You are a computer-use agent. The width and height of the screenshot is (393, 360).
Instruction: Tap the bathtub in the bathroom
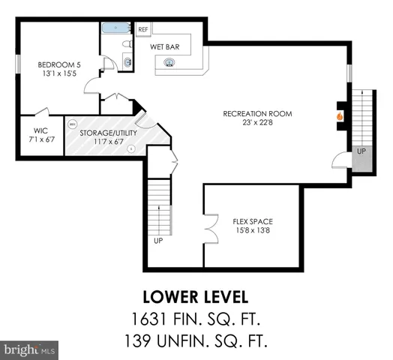[117, 30]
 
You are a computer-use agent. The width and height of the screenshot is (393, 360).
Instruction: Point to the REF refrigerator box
[143, 29]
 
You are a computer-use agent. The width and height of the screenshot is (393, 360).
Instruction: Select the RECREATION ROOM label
[257, 114]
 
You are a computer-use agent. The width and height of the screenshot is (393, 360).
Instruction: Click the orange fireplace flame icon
[339, 116]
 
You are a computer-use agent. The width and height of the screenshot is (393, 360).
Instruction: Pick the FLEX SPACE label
[252, 221]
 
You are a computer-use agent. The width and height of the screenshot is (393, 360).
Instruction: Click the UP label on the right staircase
[361, 151]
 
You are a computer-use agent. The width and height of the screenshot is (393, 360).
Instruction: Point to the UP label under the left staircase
[157, 241]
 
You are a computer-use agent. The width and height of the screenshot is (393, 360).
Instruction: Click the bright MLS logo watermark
[30, 349]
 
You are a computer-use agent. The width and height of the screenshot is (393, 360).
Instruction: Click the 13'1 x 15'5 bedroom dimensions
[57, 74]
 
